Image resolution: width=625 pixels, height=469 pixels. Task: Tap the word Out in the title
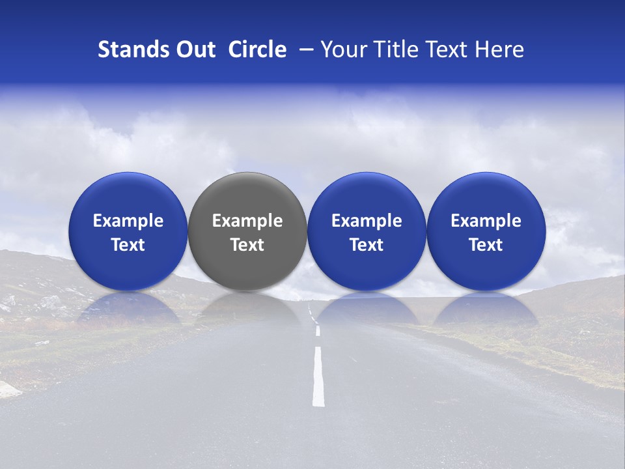click(x=195, y=50)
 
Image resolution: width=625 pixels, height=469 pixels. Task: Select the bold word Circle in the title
click(x=257, y=50)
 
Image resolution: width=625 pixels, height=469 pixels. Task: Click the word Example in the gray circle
click(x=247, y=221)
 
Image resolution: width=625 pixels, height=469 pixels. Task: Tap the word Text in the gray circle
click(x=247, y=245)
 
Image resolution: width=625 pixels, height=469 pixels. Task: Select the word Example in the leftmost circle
click(x=128, y=221)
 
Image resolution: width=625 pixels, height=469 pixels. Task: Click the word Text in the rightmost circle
click(x=486, y=245)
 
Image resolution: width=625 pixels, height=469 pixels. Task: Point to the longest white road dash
click(x=318, y=377)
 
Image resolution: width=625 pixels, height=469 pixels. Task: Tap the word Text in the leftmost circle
click(x=128, y=245)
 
